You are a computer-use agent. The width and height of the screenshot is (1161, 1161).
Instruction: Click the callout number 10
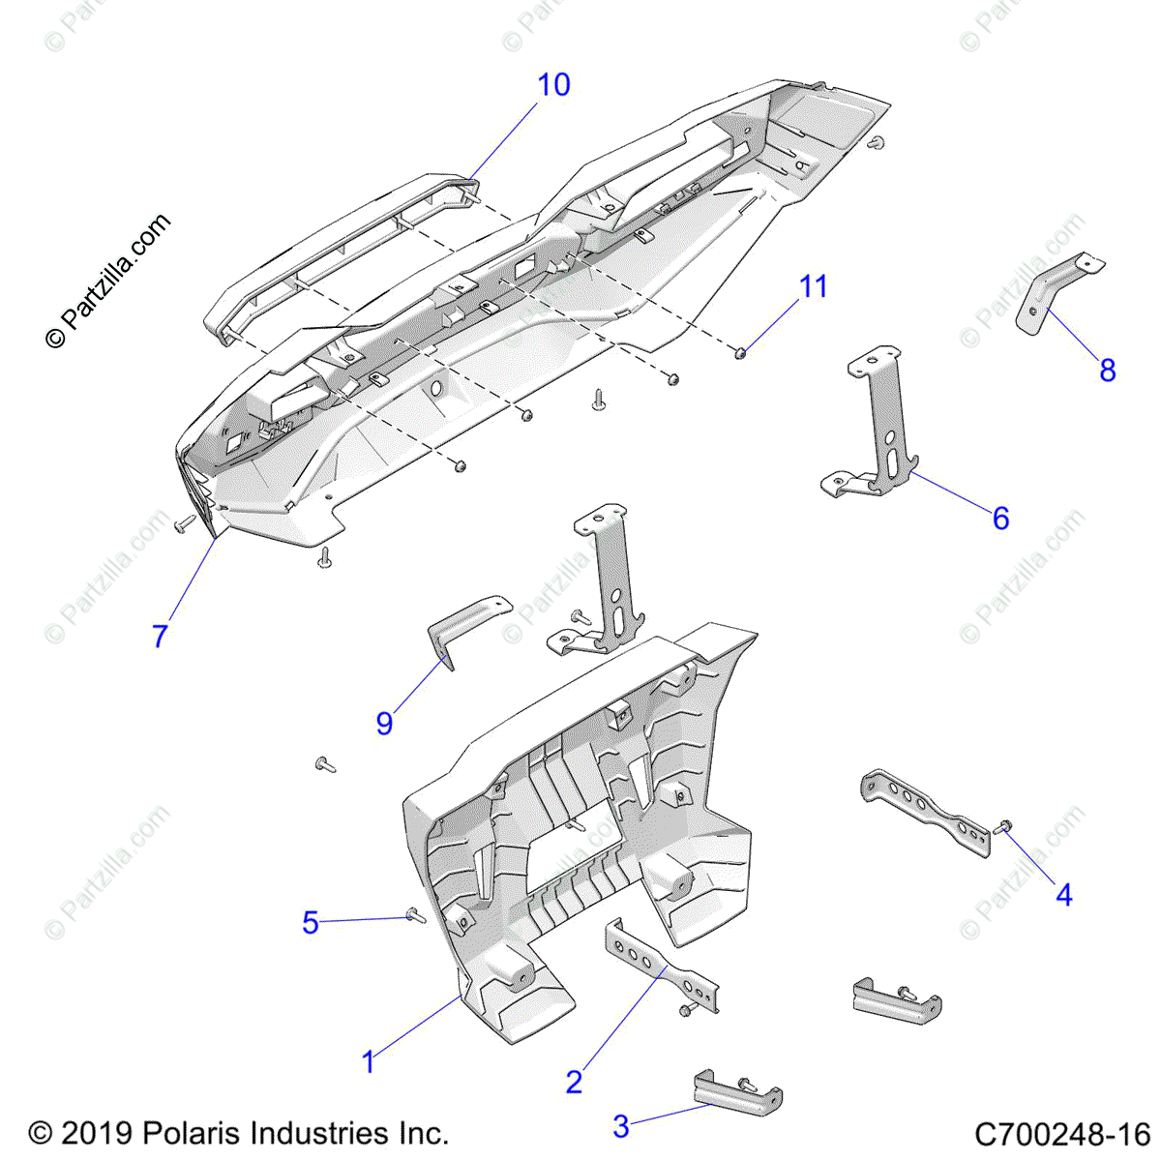click(553, 85)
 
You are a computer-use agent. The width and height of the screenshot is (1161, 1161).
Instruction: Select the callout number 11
click(814, 286)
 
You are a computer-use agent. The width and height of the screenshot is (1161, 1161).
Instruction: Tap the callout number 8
click(1108, 370)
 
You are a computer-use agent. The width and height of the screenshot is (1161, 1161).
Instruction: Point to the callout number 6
click(1000, 519)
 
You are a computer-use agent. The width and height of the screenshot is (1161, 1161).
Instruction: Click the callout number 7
click(160, 636)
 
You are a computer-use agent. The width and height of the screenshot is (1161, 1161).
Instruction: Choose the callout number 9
click(384, 722)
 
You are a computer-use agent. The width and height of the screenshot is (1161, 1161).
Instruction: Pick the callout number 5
click(310, 922)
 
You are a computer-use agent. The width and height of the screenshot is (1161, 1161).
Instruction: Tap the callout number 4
click(1063, 895)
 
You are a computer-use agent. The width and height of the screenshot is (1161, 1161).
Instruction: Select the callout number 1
click(368, 1062)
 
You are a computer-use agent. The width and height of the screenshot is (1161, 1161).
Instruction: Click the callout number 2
click(574, 1082)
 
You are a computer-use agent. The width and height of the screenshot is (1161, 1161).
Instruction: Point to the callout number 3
click(621, 1126)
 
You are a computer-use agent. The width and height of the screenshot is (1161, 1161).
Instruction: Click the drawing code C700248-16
click(1061, 1133)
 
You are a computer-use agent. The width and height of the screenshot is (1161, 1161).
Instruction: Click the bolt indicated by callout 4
click(1003, 827)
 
